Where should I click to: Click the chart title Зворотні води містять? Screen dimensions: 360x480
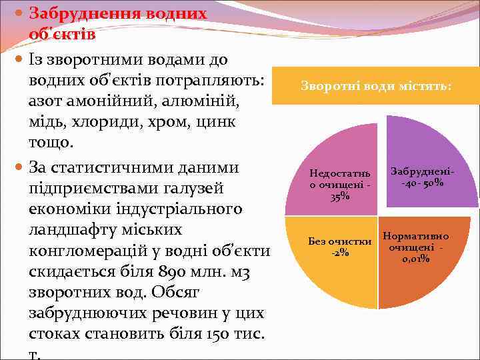tap(376, 86)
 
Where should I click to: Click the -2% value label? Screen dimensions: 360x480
tap(340, 251)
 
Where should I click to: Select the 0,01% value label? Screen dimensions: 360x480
tap(415, 259)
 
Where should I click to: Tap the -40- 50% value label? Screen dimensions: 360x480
tap(423, 183)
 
